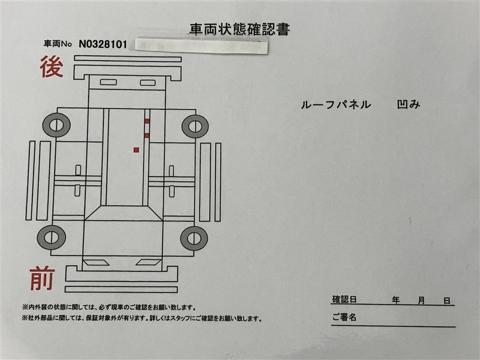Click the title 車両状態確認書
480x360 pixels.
pyautogui.click(x=239, y=29)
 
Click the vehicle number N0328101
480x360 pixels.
pyautogui.click(x=103, y=44)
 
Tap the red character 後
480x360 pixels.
pyautogui.click(x=52, y=67)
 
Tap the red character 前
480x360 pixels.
pyautogui.click(x=42, y=278)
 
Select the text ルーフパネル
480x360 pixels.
pyautogui.click(x=336, y=104)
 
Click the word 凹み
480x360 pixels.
pyautogui.click(x=409, y=104)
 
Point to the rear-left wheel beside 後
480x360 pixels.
pyautogui.click(x=56, y=125)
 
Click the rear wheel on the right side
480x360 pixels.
pyautogui.click(x=196, y=126)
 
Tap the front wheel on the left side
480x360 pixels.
pyautogui.click(x=52, y=238)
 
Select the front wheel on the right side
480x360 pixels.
pyautogui.click(x=194, y=238)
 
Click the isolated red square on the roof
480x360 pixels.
pyautogui.click(x=137, y=149)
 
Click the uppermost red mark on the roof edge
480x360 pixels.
pyautogui.click(x=147, y=121)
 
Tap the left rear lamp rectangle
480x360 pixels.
pyautogui.click(x=109, y=82)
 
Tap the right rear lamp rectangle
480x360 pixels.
pyautogui.click(x=148, y=83)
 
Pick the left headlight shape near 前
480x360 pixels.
pyautogui.click(x=94, y=263)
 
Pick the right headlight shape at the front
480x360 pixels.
pyautogui.click(x=148, y=262)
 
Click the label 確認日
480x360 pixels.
pyautogui.click(x=344, y=299)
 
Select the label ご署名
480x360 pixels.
pyautogui.click(x=344, y=317)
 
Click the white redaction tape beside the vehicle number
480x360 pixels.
pyautogui.click(x=201, y=46)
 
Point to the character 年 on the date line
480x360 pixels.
pyautogui.click(x=396, y=300)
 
